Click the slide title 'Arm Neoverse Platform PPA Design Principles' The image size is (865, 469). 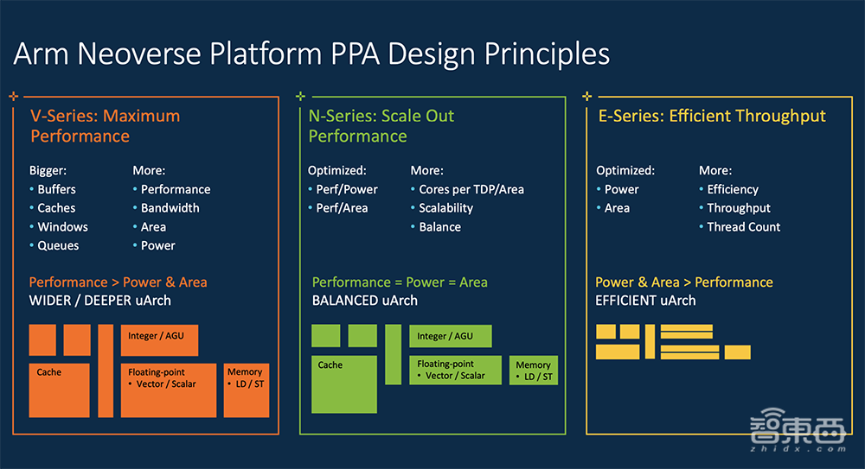pyautogui.click(x=311, y=54)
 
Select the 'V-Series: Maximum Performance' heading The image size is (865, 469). pyautogui.click(x=106, y=126)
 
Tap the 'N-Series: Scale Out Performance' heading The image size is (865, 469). pyautogui.click(x=381, y=126)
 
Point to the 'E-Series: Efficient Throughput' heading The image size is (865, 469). pyautogui.click(x=712, y=116)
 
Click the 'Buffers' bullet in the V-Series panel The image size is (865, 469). pyautogui.click(x=56, y=189)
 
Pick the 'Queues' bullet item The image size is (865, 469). pyautogui.click(x=58, y=245)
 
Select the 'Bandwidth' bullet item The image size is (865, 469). pyautogui.click(x=170, y=208)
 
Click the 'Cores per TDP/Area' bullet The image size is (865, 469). pyautogui.click(x=471, y=189)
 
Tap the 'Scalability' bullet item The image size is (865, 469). pyautogui.click(x=445, y=208)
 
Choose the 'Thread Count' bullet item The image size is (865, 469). pyautogui.click(x=743, y=227)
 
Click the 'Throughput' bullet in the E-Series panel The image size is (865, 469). pyautogui.click(x=738, y=208)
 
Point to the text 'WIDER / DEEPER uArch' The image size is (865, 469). pyautogui.click(x=100, y=301)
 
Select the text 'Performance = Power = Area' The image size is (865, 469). pyautogui.click(x=400, y=282)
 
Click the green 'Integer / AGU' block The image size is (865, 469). pyautogui.click(x=450, y=336)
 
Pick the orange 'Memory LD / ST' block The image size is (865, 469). pyautogui.click(x=246, y=390)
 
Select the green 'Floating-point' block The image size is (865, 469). pyautogui.click(x=455, y=370)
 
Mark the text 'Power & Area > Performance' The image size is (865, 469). pyautogui.click(x=683, y=282)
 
